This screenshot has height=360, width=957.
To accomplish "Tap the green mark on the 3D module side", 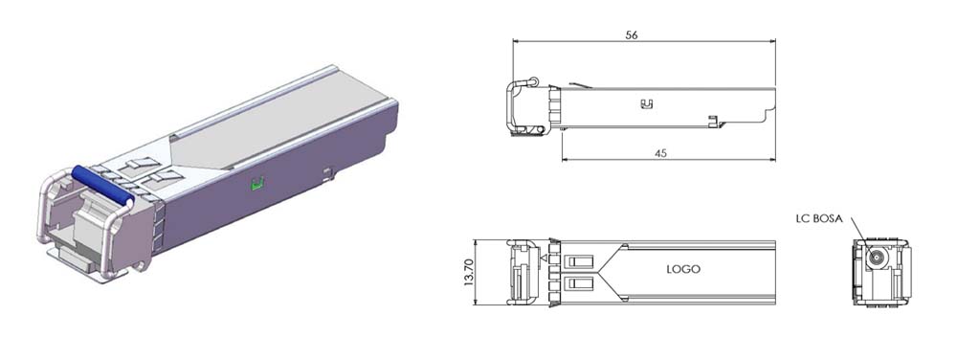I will [256, 185].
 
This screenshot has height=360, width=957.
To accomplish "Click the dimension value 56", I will [632, 34].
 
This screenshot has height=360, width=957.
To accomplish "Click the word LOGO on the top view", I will [683, 269].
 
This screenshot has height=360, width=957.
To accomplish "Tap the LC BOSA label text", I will [818, 219].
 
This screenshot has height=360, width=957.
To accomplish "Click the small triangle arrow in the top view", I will [544, 259].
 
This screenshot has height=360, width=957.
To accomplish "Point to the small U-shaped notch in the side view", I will [645, 103].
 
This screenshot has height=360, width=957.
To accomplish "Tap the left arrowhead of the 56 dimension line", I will [518, 41].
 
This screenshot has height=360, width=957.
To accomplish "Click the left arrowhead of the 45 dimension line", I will [566, 159].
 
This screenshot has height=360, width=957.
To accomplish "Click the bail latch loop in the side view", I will [522, 105].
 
